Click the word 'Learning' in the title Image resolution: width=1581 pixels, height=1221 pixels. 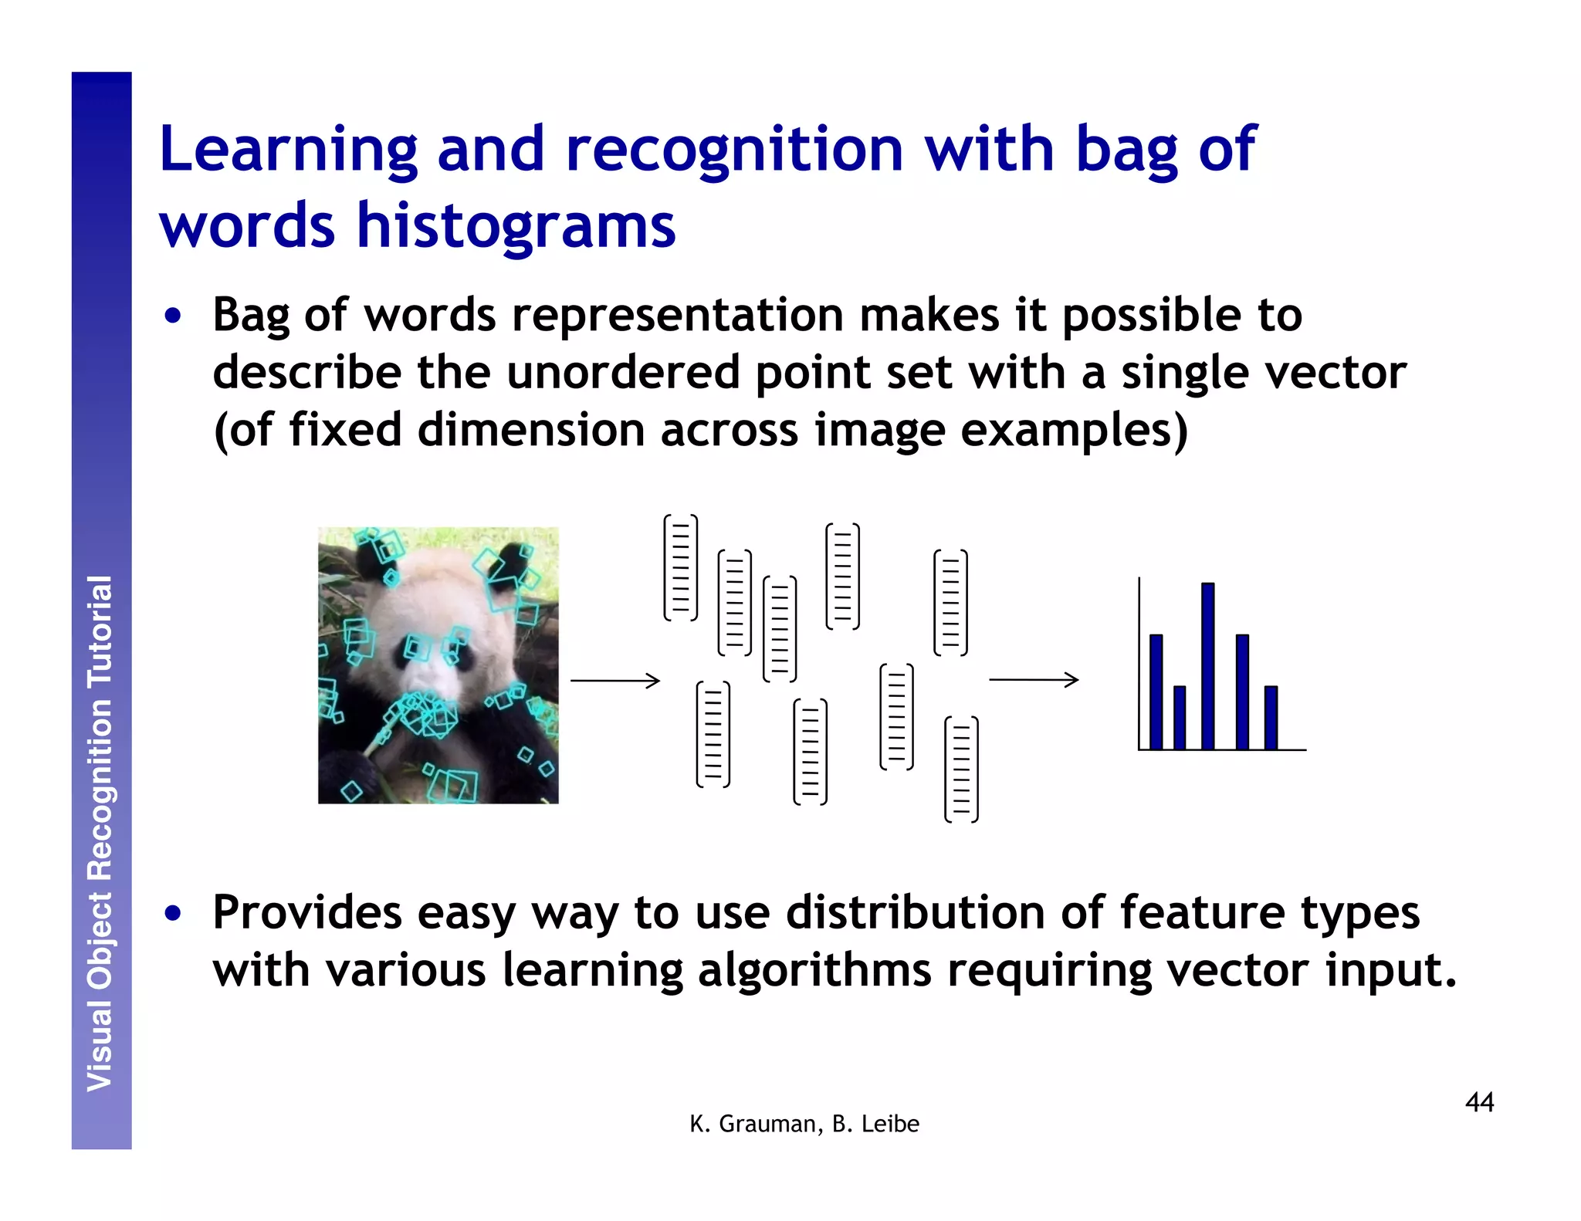click(288, 151)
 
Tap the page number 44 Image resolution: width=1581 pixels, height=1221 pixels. click(1479, 1102)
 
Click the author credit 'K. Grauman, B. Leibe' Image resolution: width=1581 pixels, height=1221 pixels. click(804, 1124)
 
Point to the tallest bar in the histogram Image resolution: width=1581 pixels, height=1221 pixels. click(1207, 665)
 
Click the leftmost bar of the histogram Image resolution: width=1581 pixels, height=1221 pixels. click(1156, 692)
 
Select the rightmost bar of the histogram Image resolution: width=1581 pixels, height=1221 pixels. click(1271, 717)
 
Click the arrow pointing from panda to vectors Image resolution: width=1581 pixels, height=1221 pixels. click(615, 680)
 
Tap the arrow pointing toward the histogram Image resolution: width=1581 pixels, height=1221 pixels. click(1034, 679)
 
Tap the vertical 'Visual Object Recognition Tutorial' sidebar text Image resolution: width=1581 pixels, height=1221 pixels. click(100, 834)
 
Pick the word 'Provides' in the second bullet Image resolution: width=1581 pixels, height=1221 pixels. click(306, 912)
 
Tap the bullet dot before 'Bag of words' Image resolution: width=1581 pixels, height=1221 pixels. click(174, 316)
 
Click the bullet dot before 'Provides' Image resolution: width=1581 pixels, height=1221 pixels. click(174, 914)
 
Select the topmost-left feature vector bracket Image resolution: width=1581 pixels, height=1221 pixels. click(680, 567)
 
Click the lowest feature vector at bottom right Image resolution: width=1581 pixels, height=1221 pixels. click(961, 769)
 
